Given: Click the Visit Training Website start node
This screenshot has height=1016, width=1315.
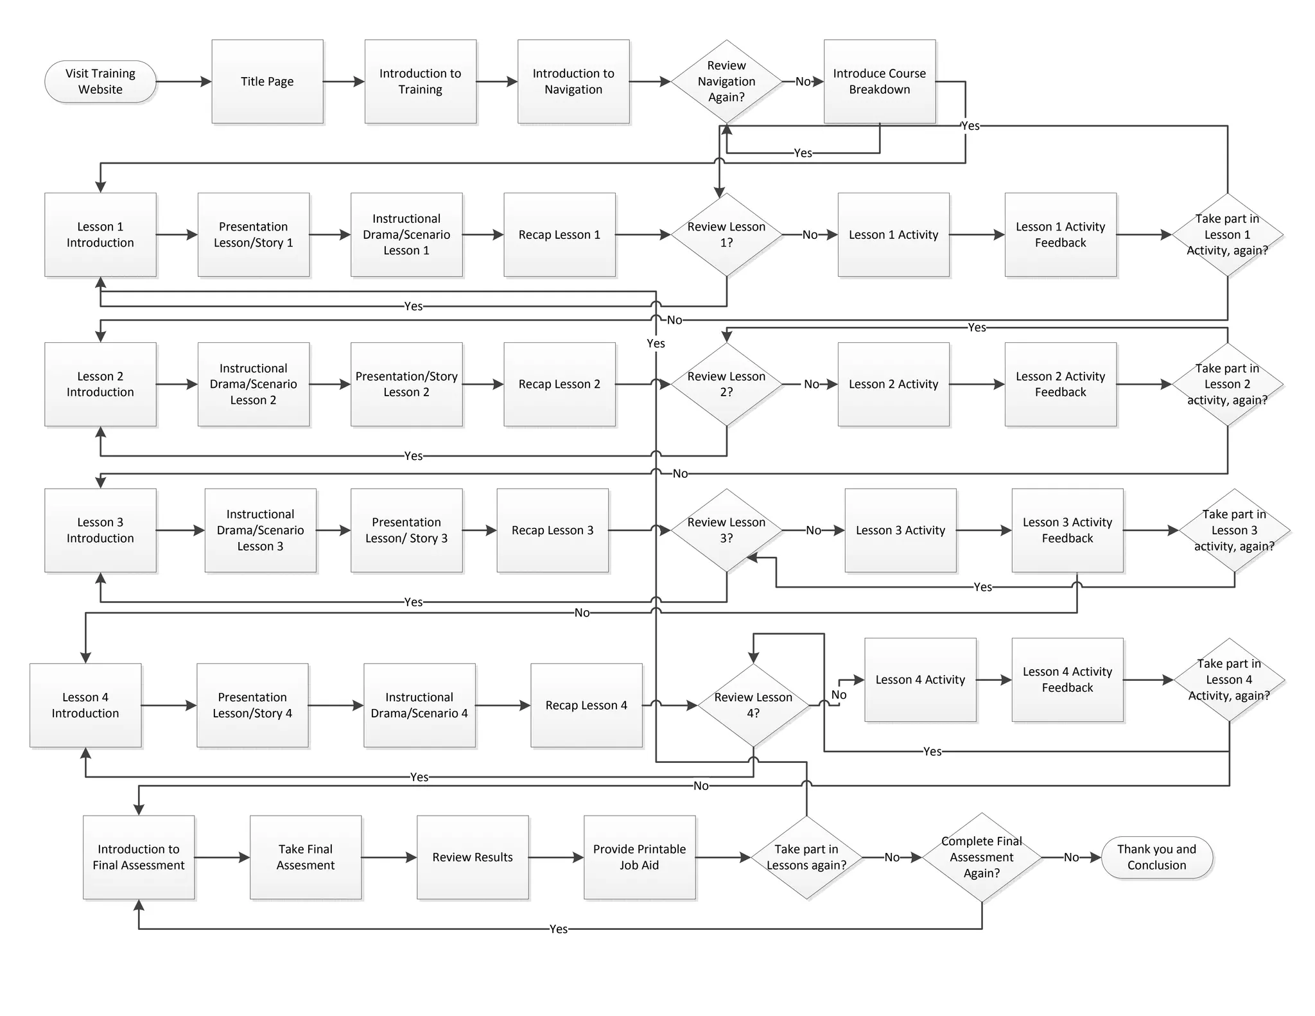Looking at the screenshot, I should [100, 82].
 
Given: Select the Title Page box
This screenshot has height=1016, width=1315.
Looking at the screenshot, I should [267, 82].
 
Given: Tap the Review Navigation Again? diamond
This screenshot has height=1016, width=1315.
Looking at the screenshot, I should [726, 82].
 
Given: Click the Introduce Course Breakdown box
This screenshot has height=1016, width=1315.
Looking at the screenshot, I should [879, 82].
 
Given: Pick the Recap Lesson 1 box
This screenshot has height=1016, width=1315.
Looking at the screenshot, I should [559, 235].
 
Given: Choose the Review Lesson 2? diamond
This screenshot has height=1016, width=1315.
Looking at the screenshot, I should [726, 384].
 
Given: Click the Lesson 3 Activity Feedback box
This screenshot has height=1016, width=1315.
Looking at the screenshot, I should [1067, 530].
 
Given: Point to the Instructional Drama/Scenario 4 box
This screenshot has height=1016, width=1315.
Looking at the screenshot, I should [419, 705].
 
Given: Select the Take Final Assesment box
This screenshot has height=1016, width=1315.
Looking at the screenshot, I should [306, 857].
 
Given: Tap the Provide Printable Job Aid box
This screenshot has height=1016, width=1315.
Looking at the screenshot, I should [639, 857].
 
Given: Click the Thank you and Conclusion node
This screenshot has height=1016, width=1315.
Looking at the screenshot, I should [1156, 857].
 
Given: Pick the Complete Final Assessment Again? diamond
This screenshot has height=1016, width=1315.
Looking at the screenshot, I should [981, 857].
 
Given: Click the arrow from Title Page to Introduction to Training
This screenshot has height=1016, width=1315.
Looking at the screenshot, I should [344, 82].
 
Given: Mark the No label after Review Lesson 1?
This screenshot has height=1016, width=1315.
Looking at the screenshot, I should [810, 235].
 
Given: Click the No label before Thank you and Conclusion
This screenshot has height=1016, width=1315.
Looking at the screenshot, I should [1071, 857].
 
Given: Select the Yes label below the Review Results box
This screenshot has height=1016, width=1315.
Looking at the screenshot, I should [558, 929].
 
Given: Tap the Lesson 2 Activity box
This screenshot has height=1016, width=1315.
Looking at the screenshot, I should [893, 384].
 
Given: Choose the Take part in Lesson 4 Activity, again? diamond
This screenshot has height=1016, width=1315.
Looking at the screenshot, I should [1228, 679].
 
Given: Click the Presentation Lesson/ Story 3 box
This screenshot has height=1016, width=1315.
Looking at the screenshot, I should [406, 530].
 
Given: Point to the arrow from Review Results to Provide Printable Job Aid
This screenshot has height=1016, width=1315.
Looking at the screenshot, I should [556, 857].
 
